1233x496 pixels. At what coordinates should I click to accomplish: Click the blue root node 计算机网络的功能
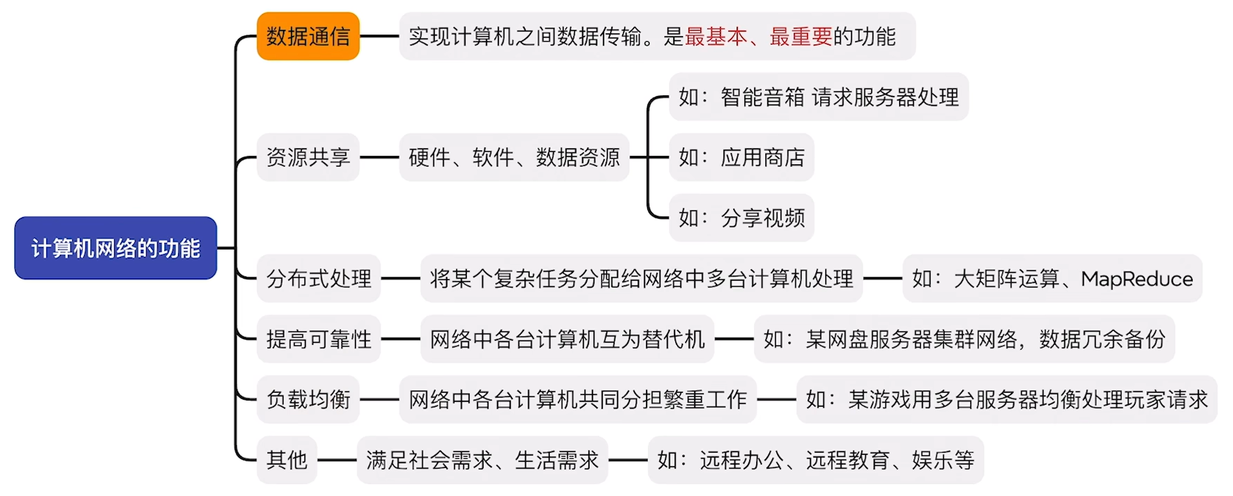tap(115, 248)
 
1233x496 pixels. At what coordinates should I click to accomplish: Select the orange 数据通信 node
tap(308, 36)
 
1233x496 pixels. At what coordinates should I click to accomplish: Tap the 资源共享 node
tap(308, 157)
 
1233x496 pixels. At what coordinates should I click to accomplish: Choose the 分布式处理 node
tap(318, 278)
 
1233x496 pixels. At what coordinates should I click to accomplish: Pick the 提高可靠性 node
tap(318, 339)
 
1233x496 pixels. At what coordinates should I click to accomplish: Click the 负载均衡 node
tap(308, 400)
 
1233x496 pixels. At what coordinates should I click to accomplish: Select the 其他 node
tap(286, 460)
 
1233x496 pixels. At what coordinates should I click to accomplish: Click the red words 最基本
tap(716, 36)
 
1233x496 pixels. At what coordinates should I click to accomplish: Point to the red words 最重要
tap(800, 36)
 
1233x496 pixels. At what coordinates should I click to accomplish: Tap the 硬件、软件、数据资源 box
tap(514, 157)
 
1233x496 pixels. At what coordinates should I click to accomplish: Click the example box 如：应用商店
tap(741, 157)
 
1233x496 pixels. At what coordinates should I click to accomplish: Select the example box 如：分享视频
tap(741, 218)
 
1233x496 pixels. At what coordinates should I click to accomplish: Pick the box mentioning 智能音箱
tap(819, 96)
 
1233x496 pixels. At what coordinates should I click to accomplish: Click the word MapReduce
tap(1136, 279)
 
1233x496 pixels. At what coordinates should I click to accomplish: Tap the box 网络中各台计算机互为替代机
tap(567, 339)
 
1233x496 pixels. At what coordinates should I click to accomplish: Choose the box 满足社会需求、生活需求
tap(482, 460)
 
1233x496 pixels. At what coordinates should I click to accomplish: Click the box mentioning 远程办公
tap(815, 460)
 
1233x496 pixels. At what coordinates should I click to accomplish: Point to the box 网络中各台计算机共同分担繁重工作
tap(577, 400)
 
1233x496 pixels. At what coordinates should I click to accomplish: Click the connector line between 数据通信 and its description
tap(380, 36)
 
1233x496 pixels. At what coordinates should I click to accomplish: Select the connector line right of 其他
tap(337, 460)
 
